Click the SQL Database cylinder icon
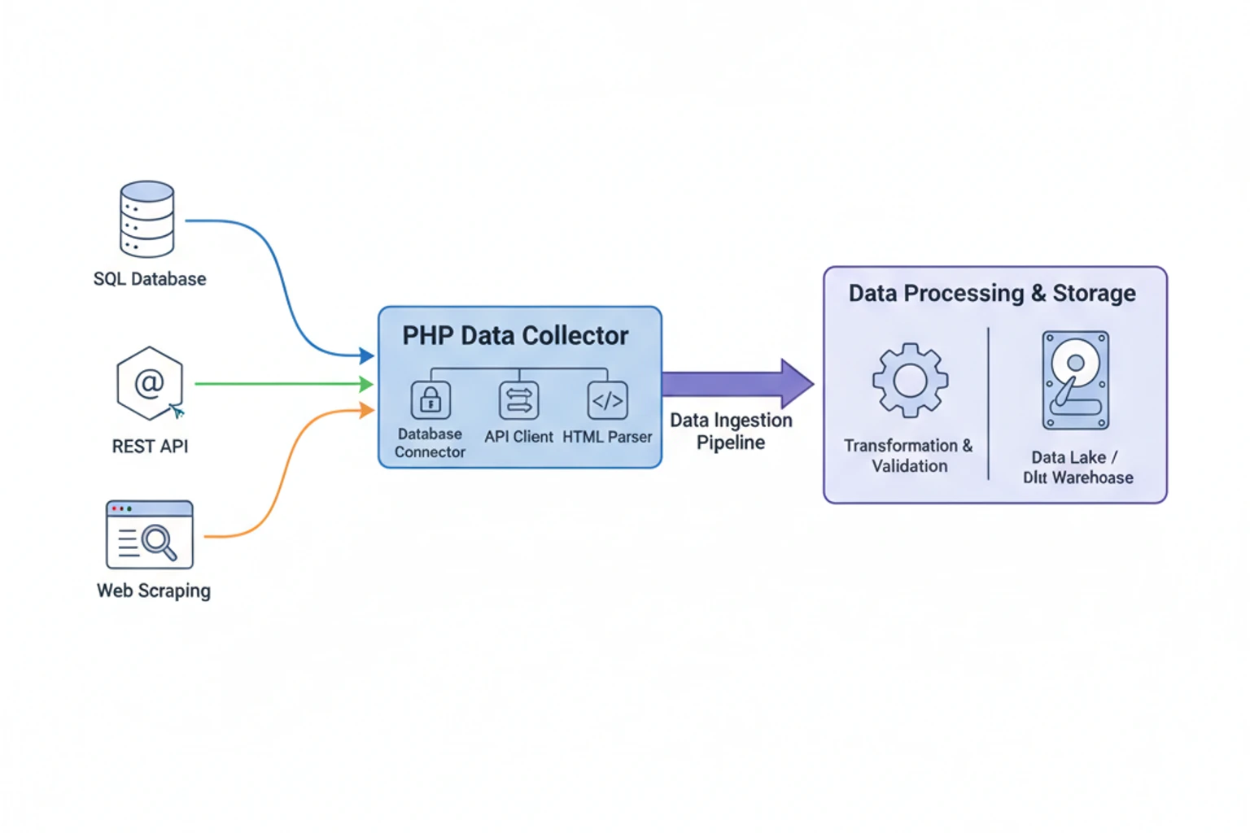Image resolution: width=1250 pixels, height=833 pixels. pyautogui.click(x=146, y=219)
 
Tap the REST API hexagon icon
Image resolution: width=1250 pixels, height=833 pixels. pyautogui.click(x=149, y=383)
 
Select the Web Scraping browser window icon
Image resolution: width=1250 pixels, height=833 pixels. pyautogui.click(x=150, y=534)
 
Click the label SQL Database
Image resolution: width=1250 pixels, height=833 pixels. pyautogui.click(x=150, y=279)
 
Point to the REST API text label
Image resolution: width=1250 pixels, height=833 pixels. pyautogui.click(x=150, y=447)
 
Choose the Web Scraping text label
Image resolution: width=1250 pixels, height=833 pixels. pyautogui.click(x=154, y=591)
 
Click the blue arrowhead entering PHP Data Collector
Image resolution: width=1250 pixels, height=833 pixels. pyautogui.click(x=367, y=355)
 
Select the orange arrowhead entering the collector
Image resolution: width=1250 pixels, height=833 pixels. pyautogui.click(x=367, y=411)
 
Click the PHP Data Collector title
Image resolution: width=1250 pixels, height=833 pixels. pyautogui.click(x=515, y=335)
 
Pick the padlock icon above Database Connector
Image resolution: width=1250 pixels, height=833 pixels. pyautogui.click(x=431, y=400)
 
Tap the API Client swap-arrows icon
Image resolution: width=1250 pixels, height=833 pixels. pyautogui.click(x=519, y=400)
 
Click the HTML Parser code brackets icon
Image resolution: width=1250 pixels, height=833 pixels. pyautogui.click(x=607, y=400)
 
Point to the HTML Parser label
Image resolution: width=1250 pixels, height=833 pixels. pyautogui.click(x=607, y=437)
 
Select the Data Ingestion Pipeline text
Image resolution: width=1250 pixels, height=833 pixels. pyautogui.click(x=731, y=431)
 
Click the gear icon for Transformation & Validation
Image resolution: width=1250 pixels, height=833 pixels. pyautogui.click(x=910, y=380)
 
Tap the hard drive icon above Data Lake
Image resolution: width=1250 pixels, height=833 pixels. pyautogui.click(x=1076, y=380)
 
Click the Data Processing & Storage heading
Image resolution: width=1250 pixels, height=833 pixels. pyautogui.click(x=992, y=293)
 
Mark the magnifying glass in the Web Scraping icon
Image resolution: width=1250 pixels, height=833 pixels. pyautogui.click(x=158, y=541)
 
